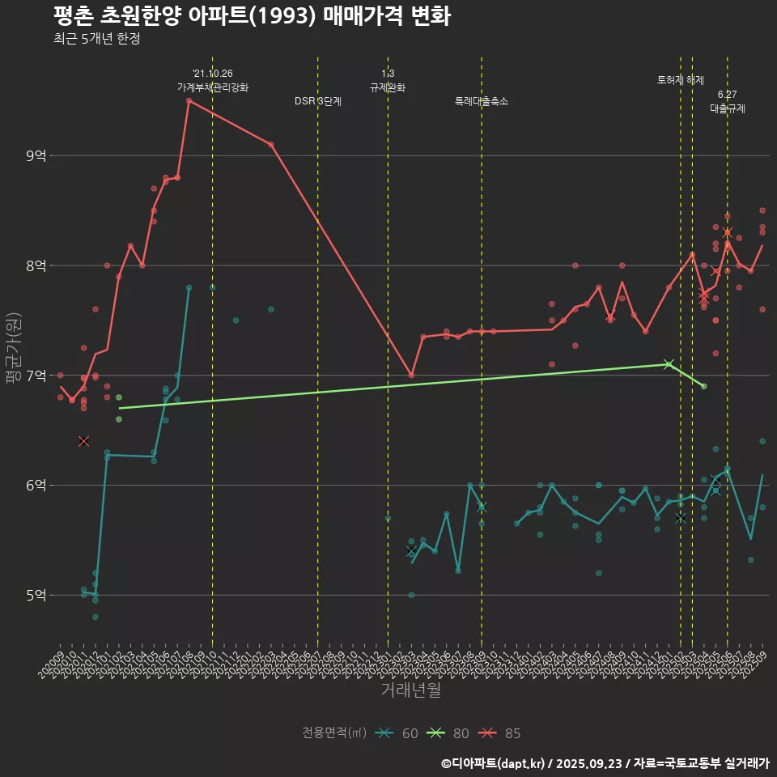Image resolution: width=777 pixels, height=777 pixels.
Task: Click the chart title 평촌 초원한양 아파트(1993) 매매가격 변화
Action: [x=252, y=15]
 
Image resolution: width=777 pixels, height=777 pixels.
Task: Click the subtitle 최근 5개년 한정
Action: [x=96, y=39]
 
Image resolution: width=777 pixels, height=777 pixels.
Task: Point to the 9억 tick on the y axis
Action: [x=35, y=155]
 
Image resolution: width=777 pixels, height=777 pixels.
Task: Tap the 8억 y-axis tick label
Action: [x=35, y=265]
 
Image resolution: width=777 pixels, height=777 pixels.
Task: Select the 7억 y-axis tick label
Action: [x=35, y=376]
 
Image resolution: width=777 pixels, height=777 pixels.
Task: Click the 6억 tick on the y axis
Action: [x=35, y=486]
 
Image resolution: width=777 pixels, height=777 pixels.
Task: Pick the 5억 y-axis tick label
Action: [x=35, y=596]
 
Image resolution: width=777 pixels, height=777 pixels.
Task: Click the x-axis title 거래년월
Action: [x=410, y=690]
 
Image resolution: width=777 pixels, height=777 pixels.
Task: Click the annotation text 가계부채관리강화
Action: [x=213, y=87]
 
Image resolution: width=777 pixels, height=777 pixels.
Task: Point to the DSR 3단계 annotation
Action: [x=318, y=101]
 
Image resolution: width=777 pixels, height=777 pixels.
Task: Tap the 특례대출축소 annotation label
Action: [x=482, y=101]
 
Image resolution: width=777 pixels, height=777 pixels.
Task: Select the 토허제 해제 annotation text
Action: [x=681, y=80]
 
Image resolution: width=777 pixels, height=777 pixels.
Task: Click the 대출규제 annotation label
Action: [x=728, y=108]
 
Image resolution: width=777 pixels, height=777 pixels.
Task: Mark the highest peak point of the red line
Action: [x=189, y=100]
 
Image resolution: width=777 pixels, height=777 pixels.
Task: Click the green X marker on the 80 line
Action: [x=669, y=364]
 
